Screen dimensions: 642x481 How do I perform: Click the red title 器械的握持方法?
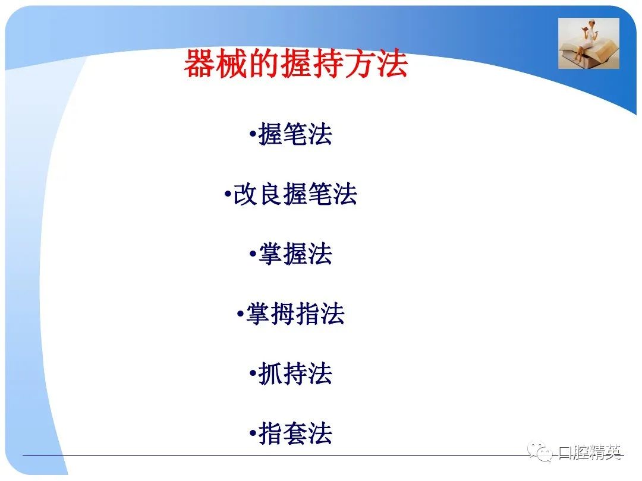(295, 63)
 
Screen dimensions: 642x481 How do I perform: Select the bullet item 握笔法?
(295, 134)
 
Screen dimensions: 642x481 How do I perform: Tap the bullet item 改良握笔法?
(295, 194)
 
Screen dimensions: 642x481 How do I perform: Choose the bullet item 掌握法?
(295, 254)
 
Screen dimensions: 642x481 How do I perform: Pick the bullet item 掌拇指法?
(295, 314)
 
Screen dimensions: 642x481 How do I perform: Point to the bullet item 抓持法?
(295, 374)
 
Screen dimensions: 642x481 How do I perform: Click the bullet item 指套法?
(295, 433)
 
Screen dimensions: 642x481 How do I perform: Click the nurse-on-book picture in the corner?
(588, 43)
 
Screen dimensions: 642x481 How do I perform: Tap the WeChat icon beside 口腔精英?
(540, 451)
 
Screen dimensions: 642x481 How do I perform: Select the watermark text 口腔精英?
(590, 452)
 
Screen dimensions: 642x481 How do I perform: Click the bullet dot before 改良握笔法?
(228, 194)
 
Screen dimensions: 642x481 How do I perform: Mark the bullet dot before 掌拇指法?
(240, 314)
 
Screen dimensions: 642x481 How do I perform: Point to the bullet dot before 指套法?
(253, 433)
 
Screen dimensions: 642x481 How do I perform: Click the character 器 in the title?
(199, 64)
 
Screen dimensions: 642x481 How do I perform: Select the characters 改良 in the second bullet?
(257, 194)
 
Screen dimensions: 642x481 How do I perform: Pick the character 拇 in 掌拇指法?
(282, 314)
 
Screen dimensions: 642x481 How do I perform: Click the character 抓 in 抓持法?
(270, 374)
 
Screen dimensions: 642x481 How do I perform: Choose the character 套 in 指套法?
(295, 433)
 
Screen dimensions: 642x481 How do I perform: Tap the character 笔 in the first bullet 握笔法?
(295, 134)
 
